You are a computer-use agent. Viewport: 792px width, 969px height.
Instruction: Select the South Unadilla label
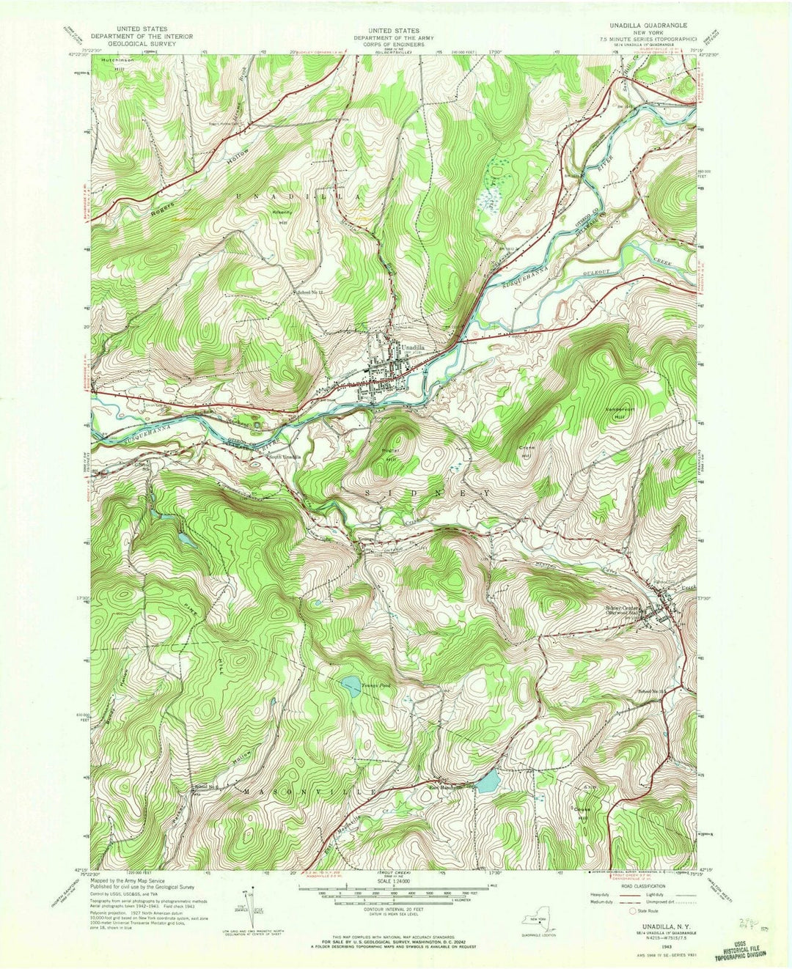[x=284, y=457]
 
